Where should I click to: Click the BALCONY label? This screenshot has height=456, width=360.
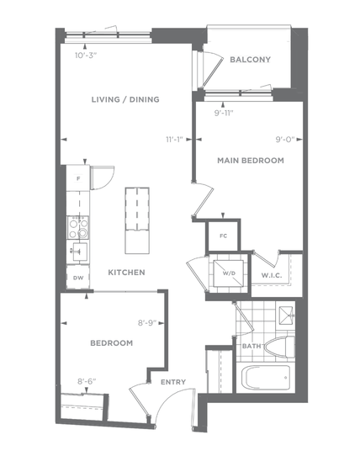[250, 60]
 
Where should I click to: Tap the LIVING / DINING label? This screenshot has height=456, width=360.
[125, 99]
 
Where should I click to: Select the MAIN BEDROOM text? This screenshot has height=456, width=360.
[251, 161]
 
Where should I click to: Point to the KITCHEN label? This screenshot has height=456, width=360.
[126, 273]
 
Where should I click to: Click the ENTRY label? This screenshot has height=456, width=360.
[173, 382]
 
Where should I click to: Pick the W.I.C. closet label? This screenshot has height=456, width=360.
[272, 275]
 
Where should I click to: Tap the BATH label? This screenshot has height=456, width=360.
[251, 346]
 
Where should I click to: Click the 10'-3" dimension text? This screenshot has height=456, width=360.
[86, 56]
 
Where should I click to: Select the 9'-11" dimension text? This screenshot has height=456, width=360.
[224, 113]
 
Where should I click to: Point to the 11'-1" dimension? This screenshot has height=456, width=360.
[174, 140]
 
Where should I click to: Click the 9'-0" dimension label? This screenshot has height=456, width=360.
[285, 140]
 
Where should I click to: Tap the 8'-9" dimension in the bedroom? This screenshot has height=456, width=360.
[147, 323]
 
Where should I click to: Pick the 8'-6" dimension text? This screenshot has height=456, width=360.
[87, 381]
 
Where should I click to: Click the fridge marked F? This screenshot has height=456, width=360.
[78, 178]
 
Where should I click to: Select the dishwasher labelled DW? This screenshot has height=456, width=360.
[78, 277]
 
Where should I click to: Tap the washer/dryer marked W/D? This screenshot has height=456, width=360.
[228, 273]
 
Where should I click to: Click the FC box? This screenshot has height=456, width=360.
[223, 236]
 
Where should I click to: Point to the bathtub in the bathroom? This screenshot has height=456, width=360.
[266, 378]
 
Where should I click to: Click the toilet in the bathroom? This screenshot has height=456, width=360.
[280, 347]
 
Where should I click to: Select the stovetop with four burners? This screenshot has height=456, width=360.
[78, 227]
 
